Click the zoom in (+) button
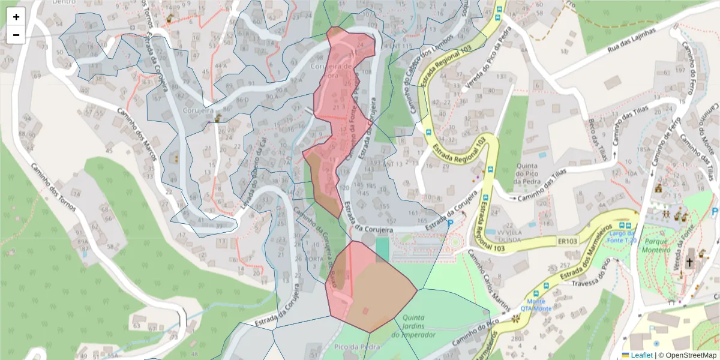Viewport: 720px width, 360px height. (x=16, y=17)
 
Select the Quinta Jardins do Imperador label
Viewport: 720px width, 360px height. (x=413, y=326)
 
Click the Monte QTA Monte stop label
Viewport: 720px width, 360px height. (x=536, y=304)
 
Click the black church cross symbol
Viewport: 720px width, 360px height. (x=689, y=262)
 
